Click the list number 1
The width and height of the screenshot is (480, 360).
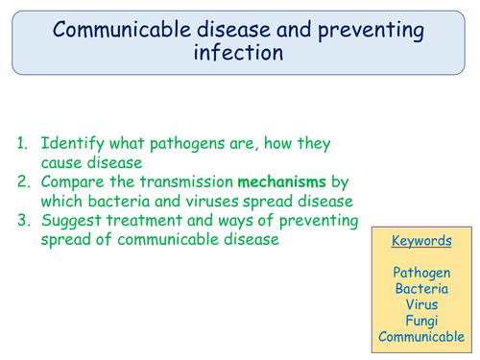pyautogui.click(x=22, y=144)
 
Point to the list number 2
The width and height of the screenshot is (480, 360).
pyautogui.click(x=22, y=182)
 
